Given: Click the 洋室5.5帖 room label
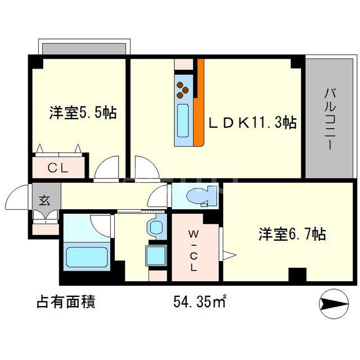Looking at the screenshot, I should click(x=83, y=112).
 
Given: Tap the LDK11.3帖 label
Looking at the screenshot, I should click(x=254, y=121).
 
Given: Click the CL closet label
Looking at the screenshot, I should click(x=57, y=167).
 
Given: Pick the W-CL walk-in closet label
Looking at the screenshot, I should click(x=193, y=249).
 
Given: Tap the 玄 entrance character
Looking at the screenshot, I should click(x=43, y=199).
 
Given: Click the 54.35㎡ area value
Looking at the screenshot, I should click(x=199, y=302).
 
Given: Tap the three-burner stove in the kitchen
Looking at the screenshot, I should click(x=184, y=89).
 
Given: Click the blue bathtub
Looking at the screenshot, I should click(x=85, y=256).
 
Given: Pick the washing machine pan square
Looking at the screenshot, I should click(x=156, y=256).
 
